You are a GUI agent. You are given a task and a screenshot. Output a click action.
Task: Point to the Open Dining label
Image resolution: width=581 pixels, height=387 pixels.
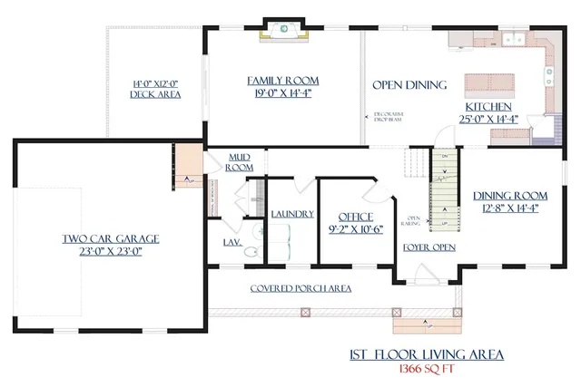click(409, 85)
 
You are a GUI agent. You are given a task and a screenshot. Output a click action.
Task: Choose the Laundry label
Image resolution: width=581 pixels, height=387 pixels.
click(292, 214)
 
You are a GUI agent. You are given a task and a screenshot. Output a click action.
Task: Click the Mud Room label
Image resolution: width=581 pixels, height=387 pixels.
click(239, 161)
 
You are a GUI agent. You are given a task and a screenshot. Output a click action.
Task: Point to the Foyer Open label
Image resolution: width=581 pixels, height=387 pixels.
click(428, 247)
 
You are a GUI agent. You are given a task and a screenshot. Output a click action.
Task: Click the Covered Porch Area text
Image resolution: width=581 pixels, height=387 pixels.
click(301, 288)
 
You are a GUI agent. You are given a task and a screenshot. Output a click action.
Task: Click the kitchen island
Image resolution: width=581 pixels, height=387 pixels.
click(490, 83)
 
